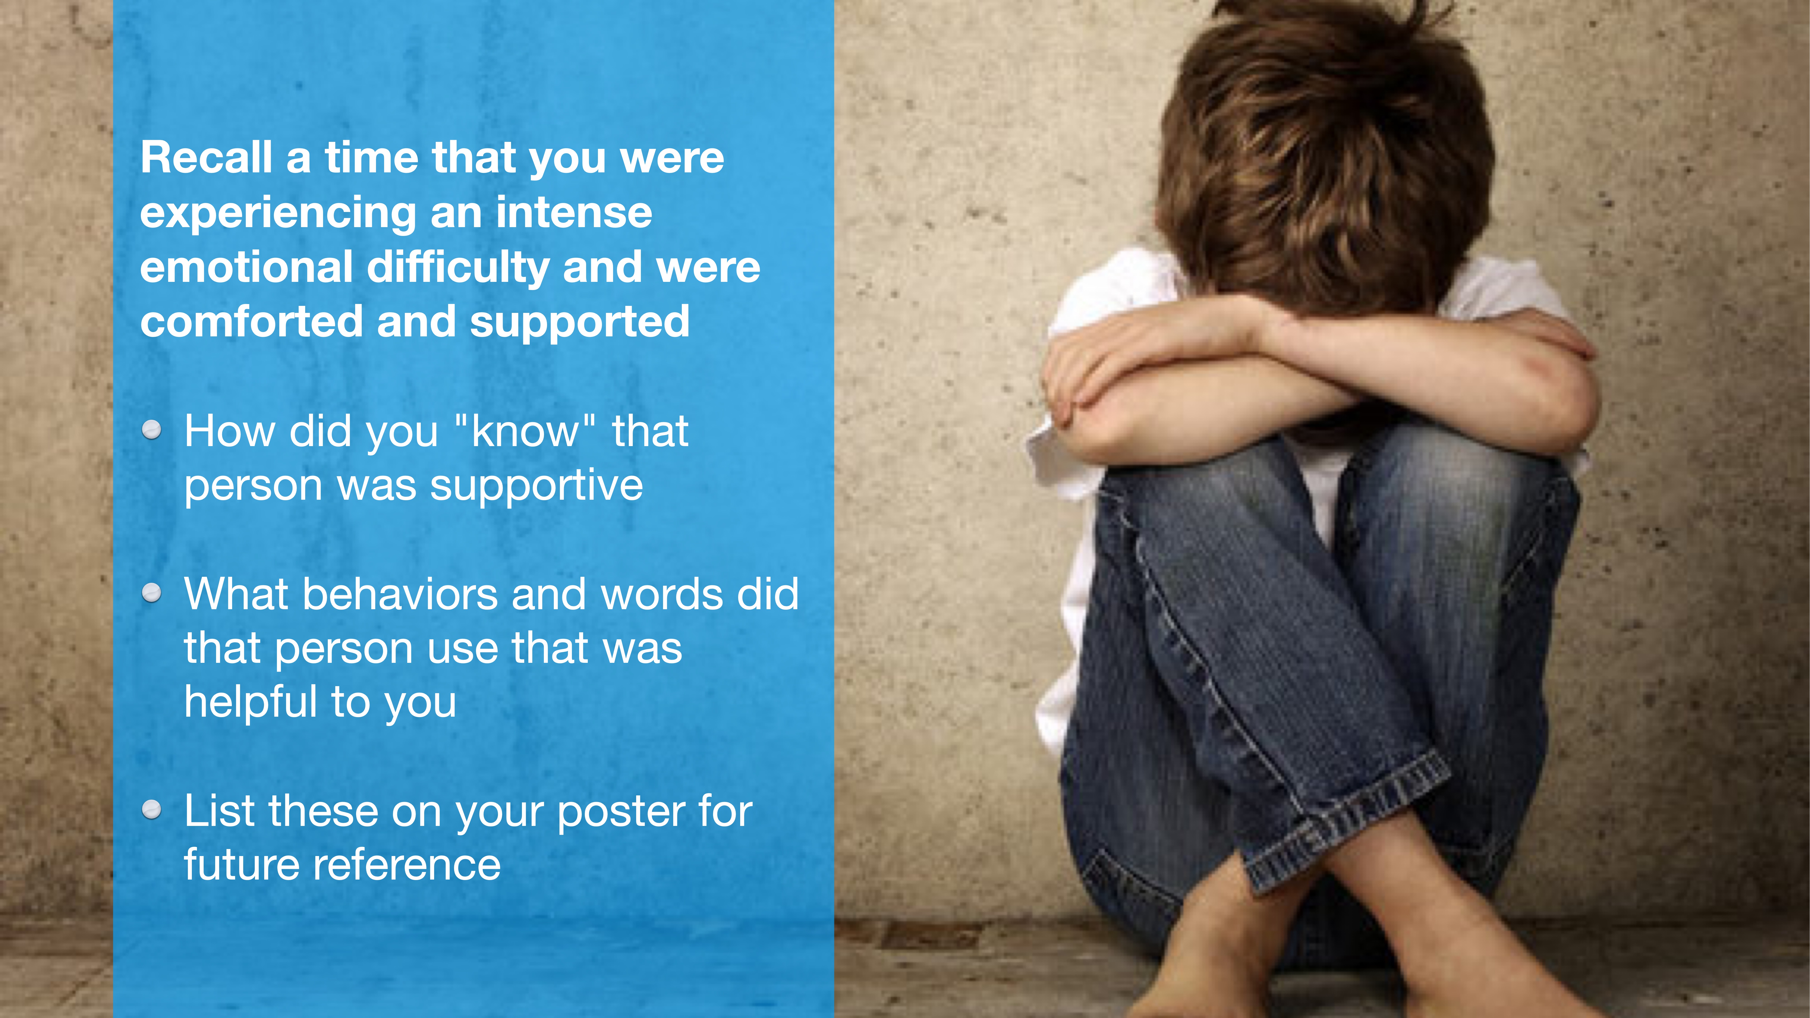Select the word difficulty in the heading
(x=457, y=268)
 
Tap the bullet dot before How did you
(x=152, y=430)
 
